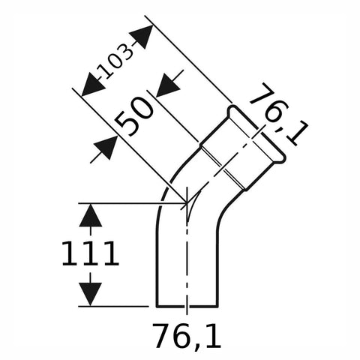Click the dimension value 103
tap(115, 61)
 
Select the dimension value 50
tap(134, 115)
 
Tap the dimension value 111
tap(90, 253)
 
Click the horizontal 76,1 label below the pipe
tap(187, 336)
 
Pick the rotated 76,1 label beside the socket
tap(278, 115)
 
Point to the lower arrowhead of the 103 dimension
tap(92, 85)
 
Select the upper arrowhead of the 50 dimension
tap(168, 85)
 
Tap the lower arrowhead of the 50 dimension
tap(106, 148)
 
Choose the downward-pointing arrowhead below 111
tap(90, 294)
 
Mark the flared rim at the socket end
tap(256, 133)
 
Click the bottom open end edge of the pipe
tap(187, 306)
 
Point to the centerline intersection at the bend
tap(187, 203)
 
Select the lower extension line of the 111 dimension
tap(113, 306)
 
